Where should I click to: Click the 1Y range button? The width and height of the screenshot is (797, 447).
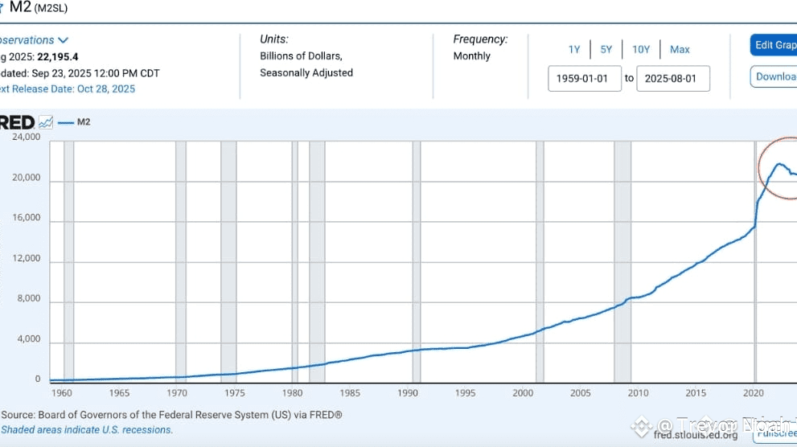click(574, 49)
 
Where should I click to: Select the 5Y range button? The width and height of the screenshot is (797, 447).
click(606, 49)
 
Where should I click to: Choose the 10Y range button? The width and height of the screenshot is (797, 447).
click(641, 49)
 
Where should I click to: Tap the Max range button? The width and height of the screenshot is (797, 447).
click(680, 49)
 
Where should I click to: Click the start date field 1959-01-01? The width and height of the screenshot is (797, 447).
click(584, 78)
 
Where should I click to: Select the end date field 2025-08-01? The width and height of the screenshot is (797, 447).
click(673, 78)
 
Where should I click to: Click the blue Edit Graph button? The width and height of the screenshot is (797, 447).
click(774, 45)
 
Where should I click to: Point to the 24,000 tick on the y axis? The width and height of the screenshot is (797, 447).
click(26, 137)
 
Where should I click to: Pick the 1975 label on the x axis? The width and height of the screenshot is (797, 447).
click(234, 393)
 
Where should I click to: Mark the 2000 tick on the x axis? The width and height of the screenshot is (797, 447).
click(523, 393)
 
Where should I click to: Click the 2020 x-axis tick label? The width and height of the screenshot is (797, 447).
click(754, 393)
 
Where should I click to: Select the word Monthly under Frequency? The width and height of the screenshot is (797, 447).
click(471, 56)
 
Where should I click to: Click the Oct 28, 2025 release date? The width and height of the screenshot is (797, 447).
click(106, 89)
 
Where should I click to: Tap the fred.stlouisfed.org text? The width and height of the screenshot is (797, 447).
click(696, 435)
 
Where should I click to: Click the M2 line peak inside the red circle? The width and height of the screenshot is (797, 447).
click(779, 164)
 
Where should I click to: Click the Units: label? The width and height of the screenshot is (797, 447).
click(274, 39)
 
